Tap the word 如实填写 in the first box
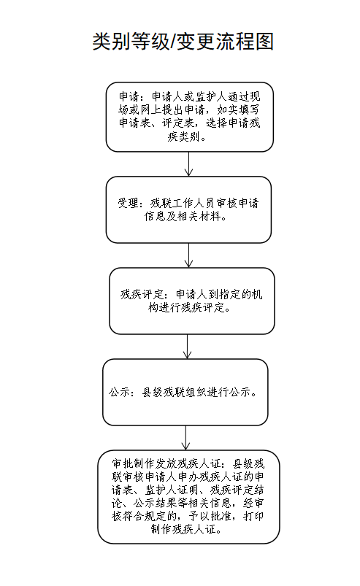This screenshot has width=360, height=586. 238,110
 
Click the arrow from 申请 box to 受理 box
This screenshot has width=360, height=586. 189,163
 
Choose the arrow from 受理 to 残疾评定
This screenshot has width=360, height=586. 189,255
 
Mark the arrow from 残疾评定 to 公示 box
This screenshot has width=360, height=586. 187,347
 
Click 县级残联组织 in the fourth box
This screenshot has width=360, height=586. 174,393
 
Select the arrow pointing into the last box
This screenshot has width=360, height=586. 185,438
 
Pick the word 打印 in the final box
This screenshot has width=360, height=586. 253,516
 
